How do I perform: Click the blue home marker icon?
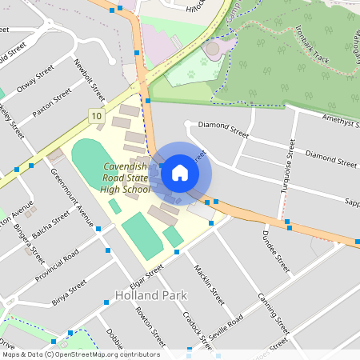tap(180, 173)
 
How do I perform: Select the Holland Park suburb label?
tap(151, 295)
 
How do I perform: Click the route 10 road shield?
tap(97, 117)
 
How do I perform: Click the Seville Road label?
tap(223, 329)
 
